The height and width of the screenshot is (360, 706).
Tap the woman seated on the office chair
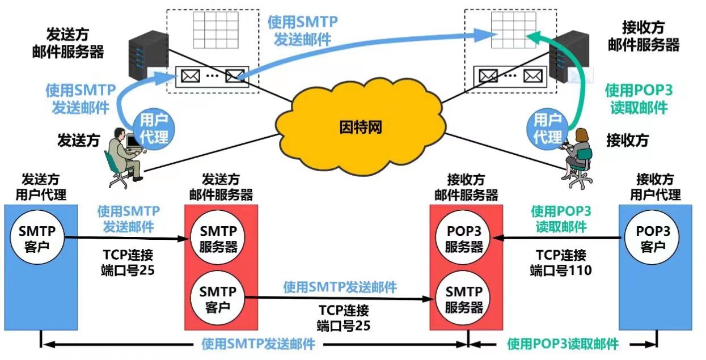tap(578, 156)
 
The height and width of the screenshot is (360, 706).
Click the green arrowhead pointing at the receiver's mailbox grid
tap(531, 37)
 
